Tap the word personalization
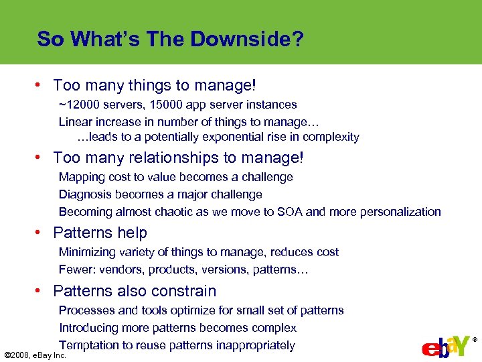point(400,212)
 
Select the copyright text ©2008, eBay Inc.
point(35,355)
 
